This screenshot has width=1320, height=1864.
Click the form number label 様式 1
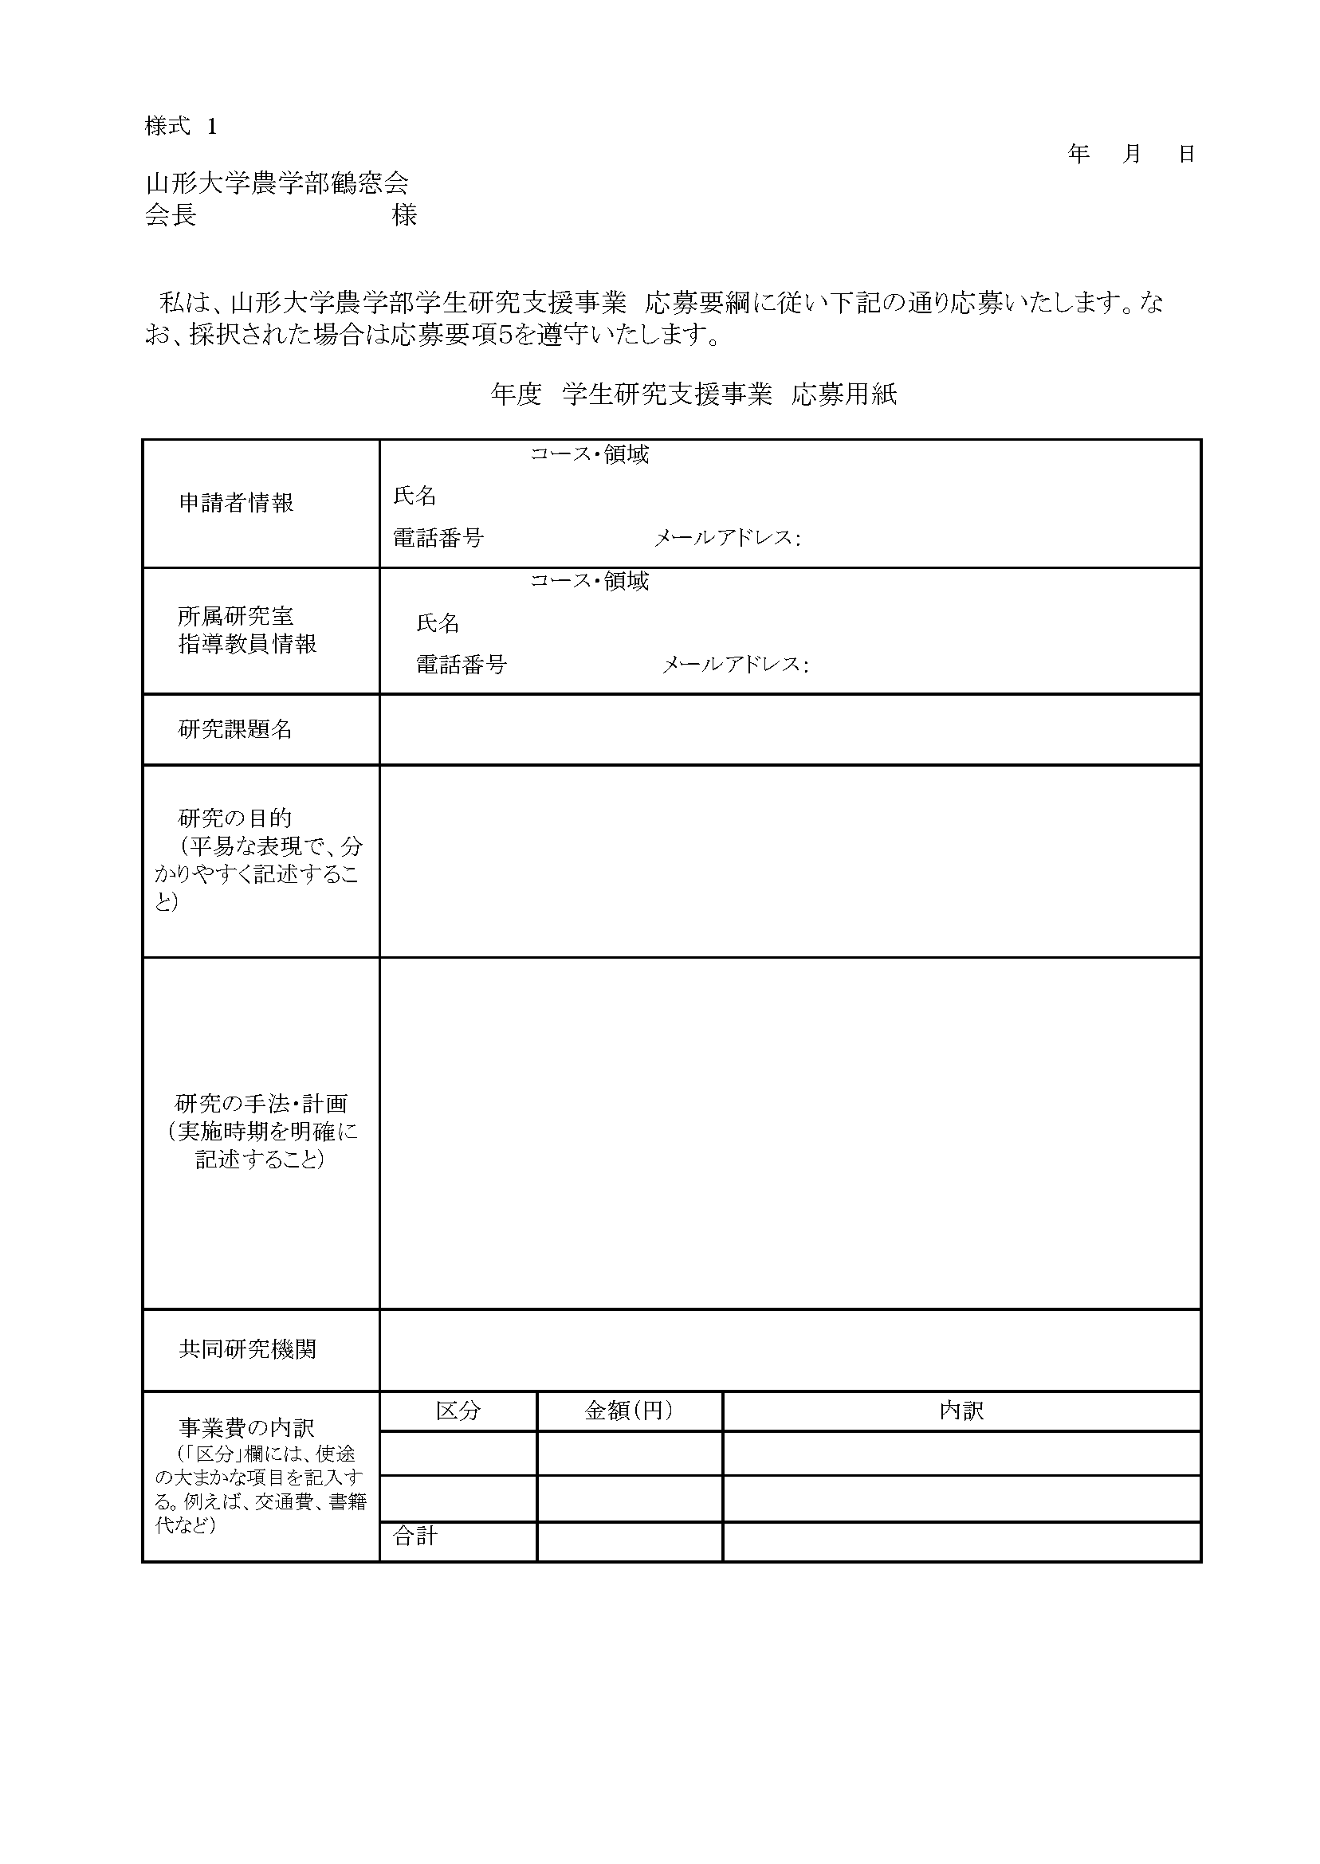point(180,127)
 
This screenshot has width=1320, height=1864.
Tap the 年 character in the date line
point(1078,154)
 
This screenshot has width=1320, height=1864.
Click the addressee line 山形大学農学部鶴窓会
point(277,183)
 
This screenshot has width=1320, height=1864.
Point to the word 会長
point(171,215)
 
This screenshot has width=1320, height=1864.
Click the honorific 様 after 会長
point(404,215)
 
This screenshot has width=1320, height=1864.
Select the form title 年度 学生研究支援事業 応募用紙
point(693,395)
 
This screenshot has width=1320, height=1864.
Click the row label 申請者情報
point(236,503)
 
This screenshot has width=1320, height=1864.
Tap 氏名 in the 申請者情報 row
point(414,496)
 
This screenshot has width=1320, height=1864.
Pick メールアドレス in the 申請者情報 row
point(726,538)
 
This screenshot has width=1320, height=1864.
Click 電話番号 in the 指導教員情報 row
point(461,665)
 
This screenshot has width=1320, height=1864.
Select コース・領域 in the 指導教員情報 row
point(589,581)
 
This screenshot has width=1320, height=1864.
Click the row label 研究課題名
point(235,729)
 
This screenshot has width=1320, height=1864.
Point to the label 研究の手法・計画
point(261,1104)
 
